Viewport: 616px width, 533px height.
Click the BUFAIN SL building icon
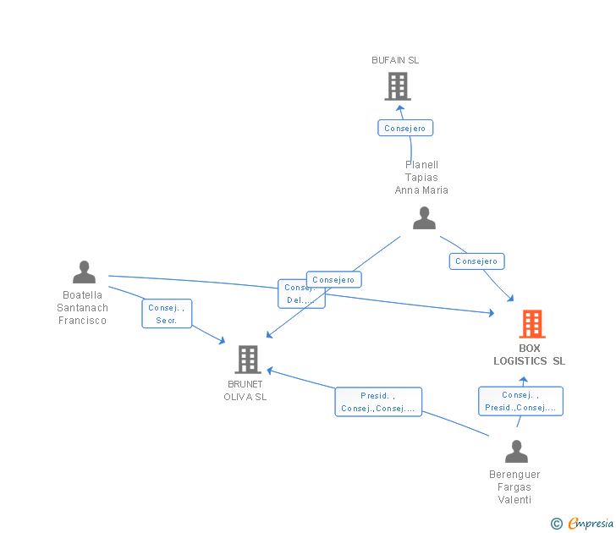(x=397, y=86)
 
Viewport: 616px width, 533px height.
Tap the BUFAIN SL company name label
(x=395, y=60)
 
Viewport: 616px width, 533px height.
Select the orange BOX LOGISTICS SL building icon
(x=531, y=324)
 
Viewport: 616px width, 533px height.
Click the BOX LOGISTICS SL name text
(x=530, y=354)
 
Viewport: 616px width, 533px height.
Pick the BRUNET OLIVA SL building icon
(x=247, y=360)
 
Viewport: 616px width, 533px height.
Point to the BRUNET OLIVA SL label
(x=245, y=391)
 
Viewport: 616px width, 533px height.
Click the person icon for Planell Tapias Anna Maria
(x=424, y=218)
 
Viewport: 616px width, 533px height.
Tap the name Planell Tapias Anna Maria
(x=421, y=178)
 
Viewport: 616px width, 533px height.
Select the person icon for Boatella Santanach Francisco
(x=84, y=272)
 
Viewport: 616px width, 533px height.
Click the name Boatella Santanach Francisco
(x=83, y=308)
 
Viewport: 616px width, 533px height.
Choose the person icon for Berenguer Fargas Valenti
(x=516, y=452)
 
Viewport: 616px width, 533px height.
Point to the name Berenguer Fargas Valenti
(x=514, y=487)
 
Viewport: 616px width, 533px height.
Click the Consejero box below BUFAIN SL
(x=405, y=129)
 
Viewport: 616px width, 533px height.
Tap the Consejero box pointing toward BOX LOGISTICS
(x=476, y=261)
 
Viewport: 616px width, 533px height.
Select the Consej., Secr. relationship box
(x=167, y=314)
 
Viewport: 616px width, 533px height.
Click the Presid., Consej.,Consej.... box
(x=378, y=402)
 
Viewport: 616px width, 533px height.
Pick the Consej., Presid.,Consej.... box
(x=520, y=401)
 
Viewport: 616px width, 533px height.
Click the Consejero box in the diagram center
(x=334, y=279)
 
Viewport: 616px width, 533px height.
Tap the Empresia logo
(x=591, y=524)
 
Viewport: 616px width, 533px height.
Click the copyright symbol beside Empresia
(x=556, y=524)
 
